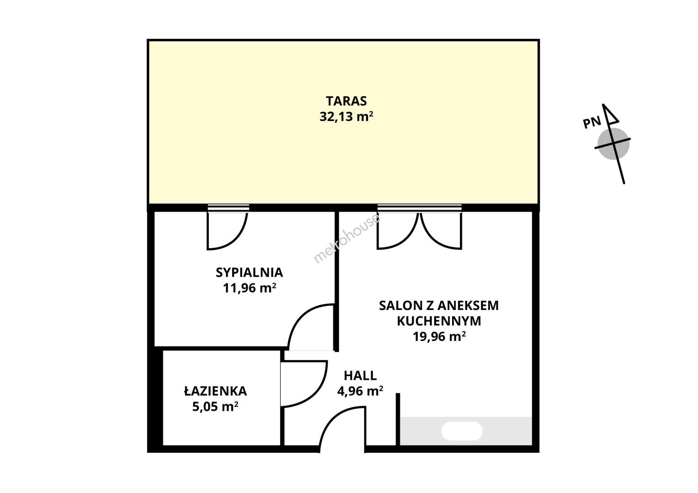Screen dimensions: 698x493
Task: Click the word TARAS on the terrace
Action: tap(346, 101)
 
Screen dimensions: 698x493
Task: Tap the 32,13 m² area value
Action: tap(346, 117)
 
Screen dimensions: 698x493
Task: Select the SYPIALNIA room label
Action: tap(249, 273)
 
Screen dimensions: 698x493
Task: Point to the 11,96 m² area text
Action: tap(249, 288)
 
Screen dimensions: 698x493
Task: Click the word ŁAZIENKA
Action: tap(216, 391)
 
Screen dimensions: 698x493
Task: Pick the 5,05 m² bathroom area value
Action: tap(215, 407)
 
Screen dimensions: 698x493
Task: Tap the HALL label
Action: tap(360, 376)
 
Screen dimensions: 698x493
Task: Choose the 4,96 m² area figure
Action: tap(360, 391)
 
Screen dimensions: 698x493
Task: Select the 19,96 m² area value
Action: tap(439, 337)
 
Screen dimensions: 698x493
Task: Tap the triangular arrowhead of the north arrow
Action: tap(610, 114)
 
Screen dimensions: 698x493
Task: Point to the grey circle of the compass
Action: tap(613, 144)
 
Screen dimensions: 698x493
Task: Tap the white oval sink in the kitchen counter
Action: tap(462, 431)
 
